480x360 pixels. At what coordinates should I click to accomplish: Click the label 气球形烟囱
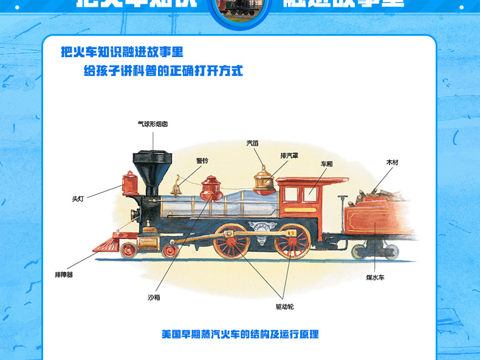click(152, 124)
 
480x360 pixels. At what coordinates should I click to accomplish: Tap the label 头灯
click(77, 198)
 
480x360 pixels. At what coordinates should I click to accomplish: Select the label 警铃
click(202, 161)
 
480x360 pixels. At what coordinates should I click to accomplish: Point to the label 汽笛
click(252, 143)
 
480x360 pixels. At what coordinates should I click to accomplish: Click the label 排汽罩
click(289, 155)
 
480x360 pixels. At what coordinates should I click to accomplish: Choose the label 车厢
click(327, 164)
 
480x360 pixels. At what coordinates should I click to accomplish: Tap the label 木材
click(392, 163)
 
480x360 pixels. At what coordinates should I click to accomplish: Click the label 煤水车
click(375, 277)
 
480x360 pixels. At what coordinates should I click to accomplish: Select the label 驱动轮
click(284, 306)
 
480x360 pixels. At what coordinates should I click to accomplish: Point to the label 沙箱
click(154, 297)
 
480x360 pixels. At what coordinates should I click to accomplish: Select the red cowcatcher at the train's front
click(107, 244)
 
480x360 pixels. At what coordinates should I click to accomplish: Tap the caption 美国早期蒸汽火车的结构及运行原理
click(240, 334)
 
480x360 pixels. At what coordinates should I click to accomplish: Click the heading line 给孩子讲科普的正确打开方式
click(163, 71)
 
